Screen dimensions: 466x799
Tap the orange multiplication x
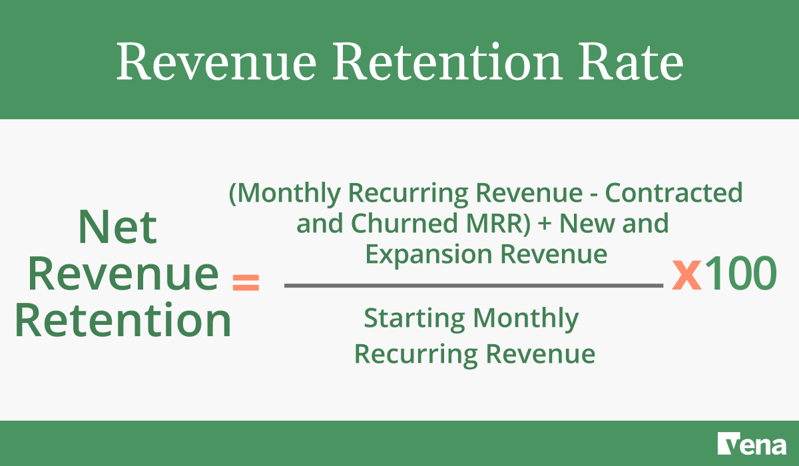point(686,274)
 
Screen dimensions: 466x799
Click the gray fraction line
point(473,286)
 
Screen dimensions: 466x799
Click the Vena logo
point(752,443)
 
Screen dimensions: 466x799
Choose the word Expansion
point(414,254)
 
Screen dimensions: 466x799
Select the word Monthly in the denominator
point(525,320)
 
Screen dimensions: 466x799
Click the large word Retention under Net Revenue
point(123,321)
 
